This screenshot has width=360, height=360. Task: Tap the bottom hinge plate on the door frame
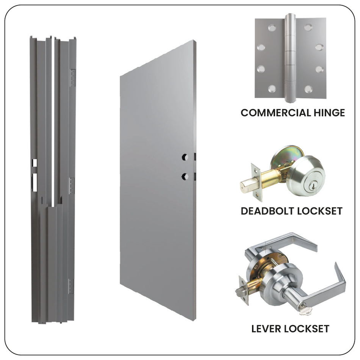click(x=71, y=286)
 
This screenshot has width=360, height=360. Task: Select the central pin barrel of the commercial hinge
click(x=290, y=59)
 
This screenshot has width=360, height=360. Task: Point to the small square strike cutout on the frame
click(x=34, y=163)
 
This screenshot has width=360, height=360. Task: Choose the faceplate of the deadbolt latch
click(x=256, y=182)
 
